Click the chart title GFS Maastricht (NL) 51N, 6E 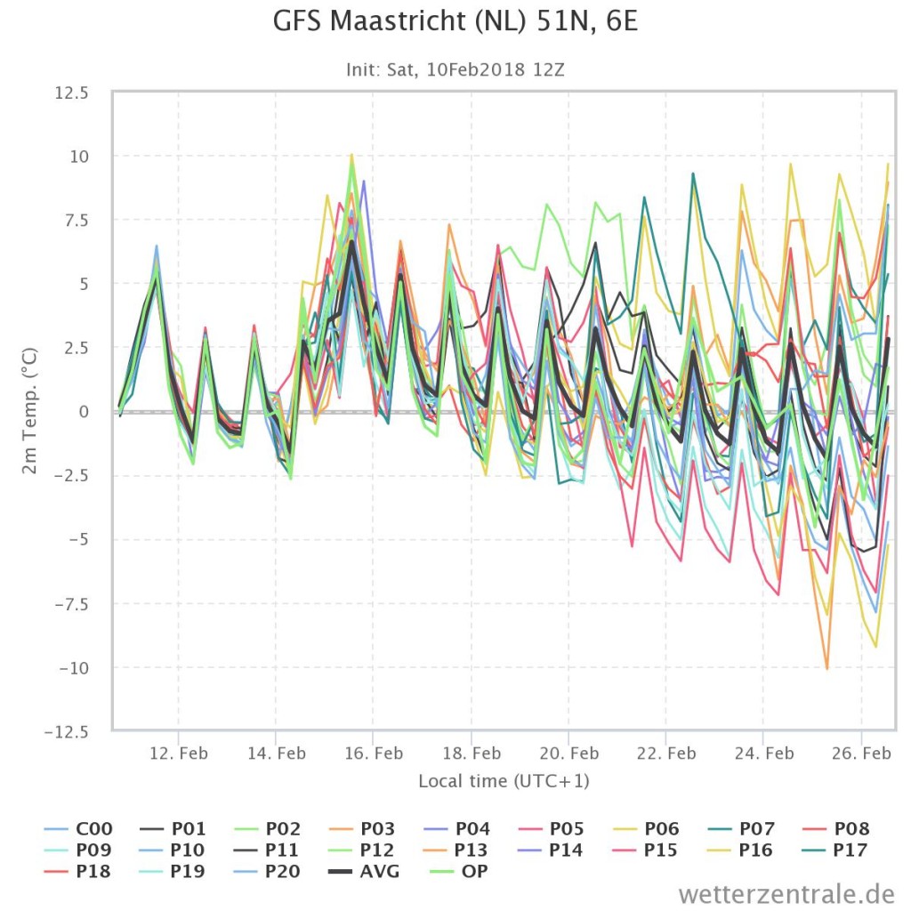pyautogui.click(x=455, y=22)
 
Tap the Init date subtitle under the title pyautogui.click(x=455, y=69)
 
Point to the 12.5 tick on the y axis pyautogui.click(x=71, y=93)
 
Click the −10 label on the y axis pyautogui.click(x=74, y=668)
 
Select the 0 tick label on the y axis pyautogui.click(x=84, y=412)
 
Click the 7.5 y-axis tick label pyautogui.click(x=76, y=221)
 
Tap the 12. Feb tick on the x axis pyautogui.click(x=178, y=753)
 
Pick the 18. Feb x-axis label pyautogui.click(x=472, y=753)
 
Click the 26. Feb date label pyautogui.click(x=861, y=753)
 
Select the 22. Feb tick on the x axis pyautogui.click(x=665, y=753)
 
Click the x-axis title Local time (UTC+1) pyautogui.click(x=504, y=781)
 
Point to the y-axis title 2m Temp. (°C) pyautogui.click(x=29, y=411)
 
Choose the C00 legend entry pyautogui.click(x=78, y=828)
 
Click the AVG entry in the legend pyautogui.click(x=364, y=872)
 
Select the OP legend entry pyautogui.click(x=458, y=872)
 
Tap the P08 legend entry pyautogui.click(x=836, y=828)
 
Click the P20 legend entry pyautogui.click(x=267, y=872)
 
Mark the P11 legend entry pyautogui.click(x=267, y=850)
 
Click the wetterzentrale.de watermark pyautogui.click(x=786, y=893)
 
